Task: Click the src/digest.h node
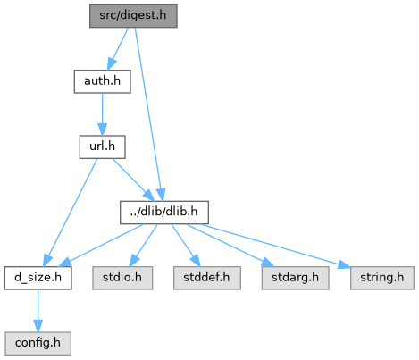coord(133,16)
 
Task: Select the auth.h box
coord(102,81)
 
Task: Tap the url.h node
coord(102,147)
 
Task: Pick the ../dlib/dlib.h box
coord(164,213)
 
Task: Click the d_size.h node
coord(38,278)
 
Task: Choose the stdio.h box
coord(122,278)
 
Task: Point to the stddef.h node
coord(207,278)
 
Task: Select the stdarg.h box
coord(295,278)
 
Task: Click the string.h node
coord(382,278)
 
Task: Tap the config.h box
coord(38,344)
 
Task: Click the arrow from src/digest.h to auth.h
coord(118,49)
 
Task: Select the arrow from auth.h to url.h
coord(102,114)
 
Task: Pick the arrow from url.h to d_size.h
coord(71,213)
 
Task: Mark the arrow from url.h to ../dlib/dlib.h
coord(133,180)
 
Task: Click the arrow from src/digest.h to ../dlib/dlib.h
coord(148,114)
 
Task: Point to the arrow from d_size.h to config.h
coord(38,311)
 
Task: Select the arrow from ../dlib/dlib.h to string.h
coord(275,246)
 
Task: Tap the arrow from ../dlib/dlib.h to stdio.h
coord(144,246)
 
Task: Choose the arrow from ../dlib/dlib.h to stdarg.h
coord(230,246)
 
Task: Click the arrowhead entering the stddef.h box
coord(195,261)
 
